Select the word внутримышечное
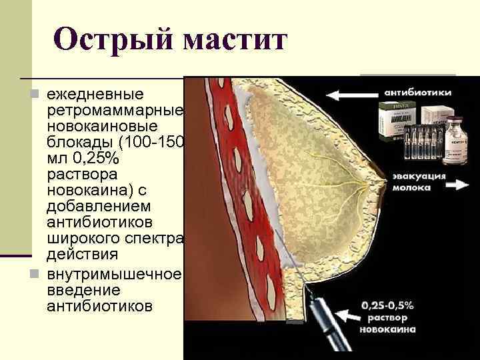[x=113, y=274]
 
